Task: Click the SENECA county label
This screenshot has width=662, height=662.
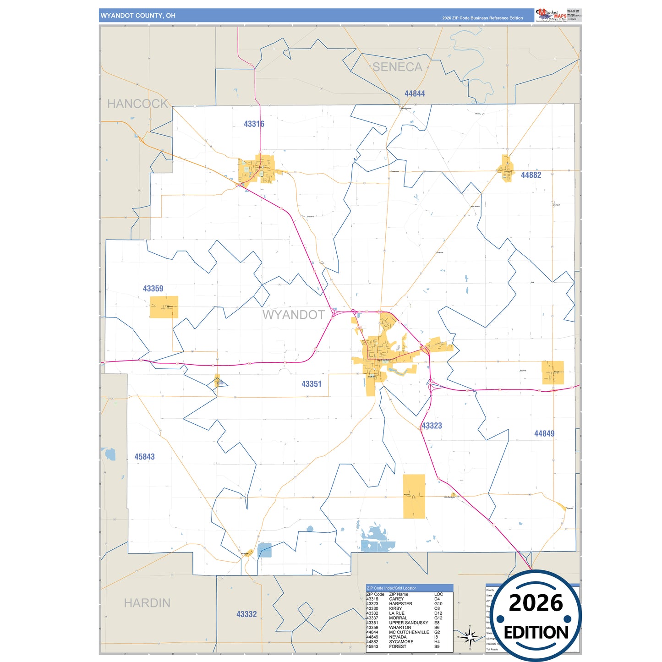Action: pyautogui.click(x=397, y=67)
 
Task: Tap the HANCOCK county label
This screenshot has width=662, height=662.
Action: pyautogui.click(x=137, y=104)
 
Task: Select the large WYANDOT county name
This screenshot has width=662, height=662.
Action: pyautogui.click(x=293, y=315)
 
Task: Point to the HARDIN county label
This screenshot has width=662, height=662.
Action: pyautogui.click(x=147, y=603)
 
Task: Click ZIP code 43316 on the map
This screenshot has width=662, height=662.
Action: pyautogui.click(x=254, y=124)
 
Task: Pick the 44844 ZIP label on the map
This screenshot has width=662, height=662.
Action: pyautogui.click(x=415, y=94)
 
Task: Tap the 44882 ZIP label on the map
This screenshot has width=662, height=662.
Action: pyautogui.click(x=531, y=175)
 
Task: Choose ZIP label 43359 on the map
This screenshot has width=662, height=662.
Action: pyautogui.click(x=153, y=289)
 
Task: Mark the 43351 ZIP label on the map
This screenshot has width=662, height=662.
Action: pyautogui.click(x=312, y=384)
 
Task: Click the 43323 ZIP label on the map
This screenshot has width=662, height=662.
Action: pyautogui.click(x=432, y=426)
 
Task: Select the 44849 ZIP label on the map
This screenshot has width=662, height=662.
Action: pyautogui.click(x=544, y=433)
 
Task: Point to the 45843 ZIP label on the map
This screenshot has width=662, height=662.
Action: pyautogui.click(x=144, y=457)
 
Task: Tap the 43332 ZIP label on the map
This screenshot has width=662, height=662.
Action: pyautogui.click(x=246, y=614)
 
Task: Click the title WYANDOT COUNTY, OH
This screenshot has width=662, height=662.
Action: pyautogui.click(x=138, y=16)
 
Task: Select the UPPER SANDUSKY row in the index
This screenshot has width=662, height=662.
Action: pyautogui.click(x=408, y=623)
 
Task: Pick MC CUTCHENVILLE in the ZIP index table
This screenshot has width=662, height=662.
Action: pyautogui.click(x=409, y=632)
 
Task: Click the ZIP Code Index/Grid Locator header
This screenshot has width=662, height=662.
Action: pyautogui.click(x=391, y=588)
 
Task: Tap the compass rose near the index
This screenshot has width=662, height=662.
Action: pyautogui.click(x=470, y=637)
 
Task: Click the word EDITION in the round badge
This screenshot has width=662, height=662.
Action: pyautogui.click(x=536, y=633)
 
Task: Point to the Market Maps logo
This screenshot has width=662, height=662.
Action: pyautogui.click(x=551, y=15)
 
